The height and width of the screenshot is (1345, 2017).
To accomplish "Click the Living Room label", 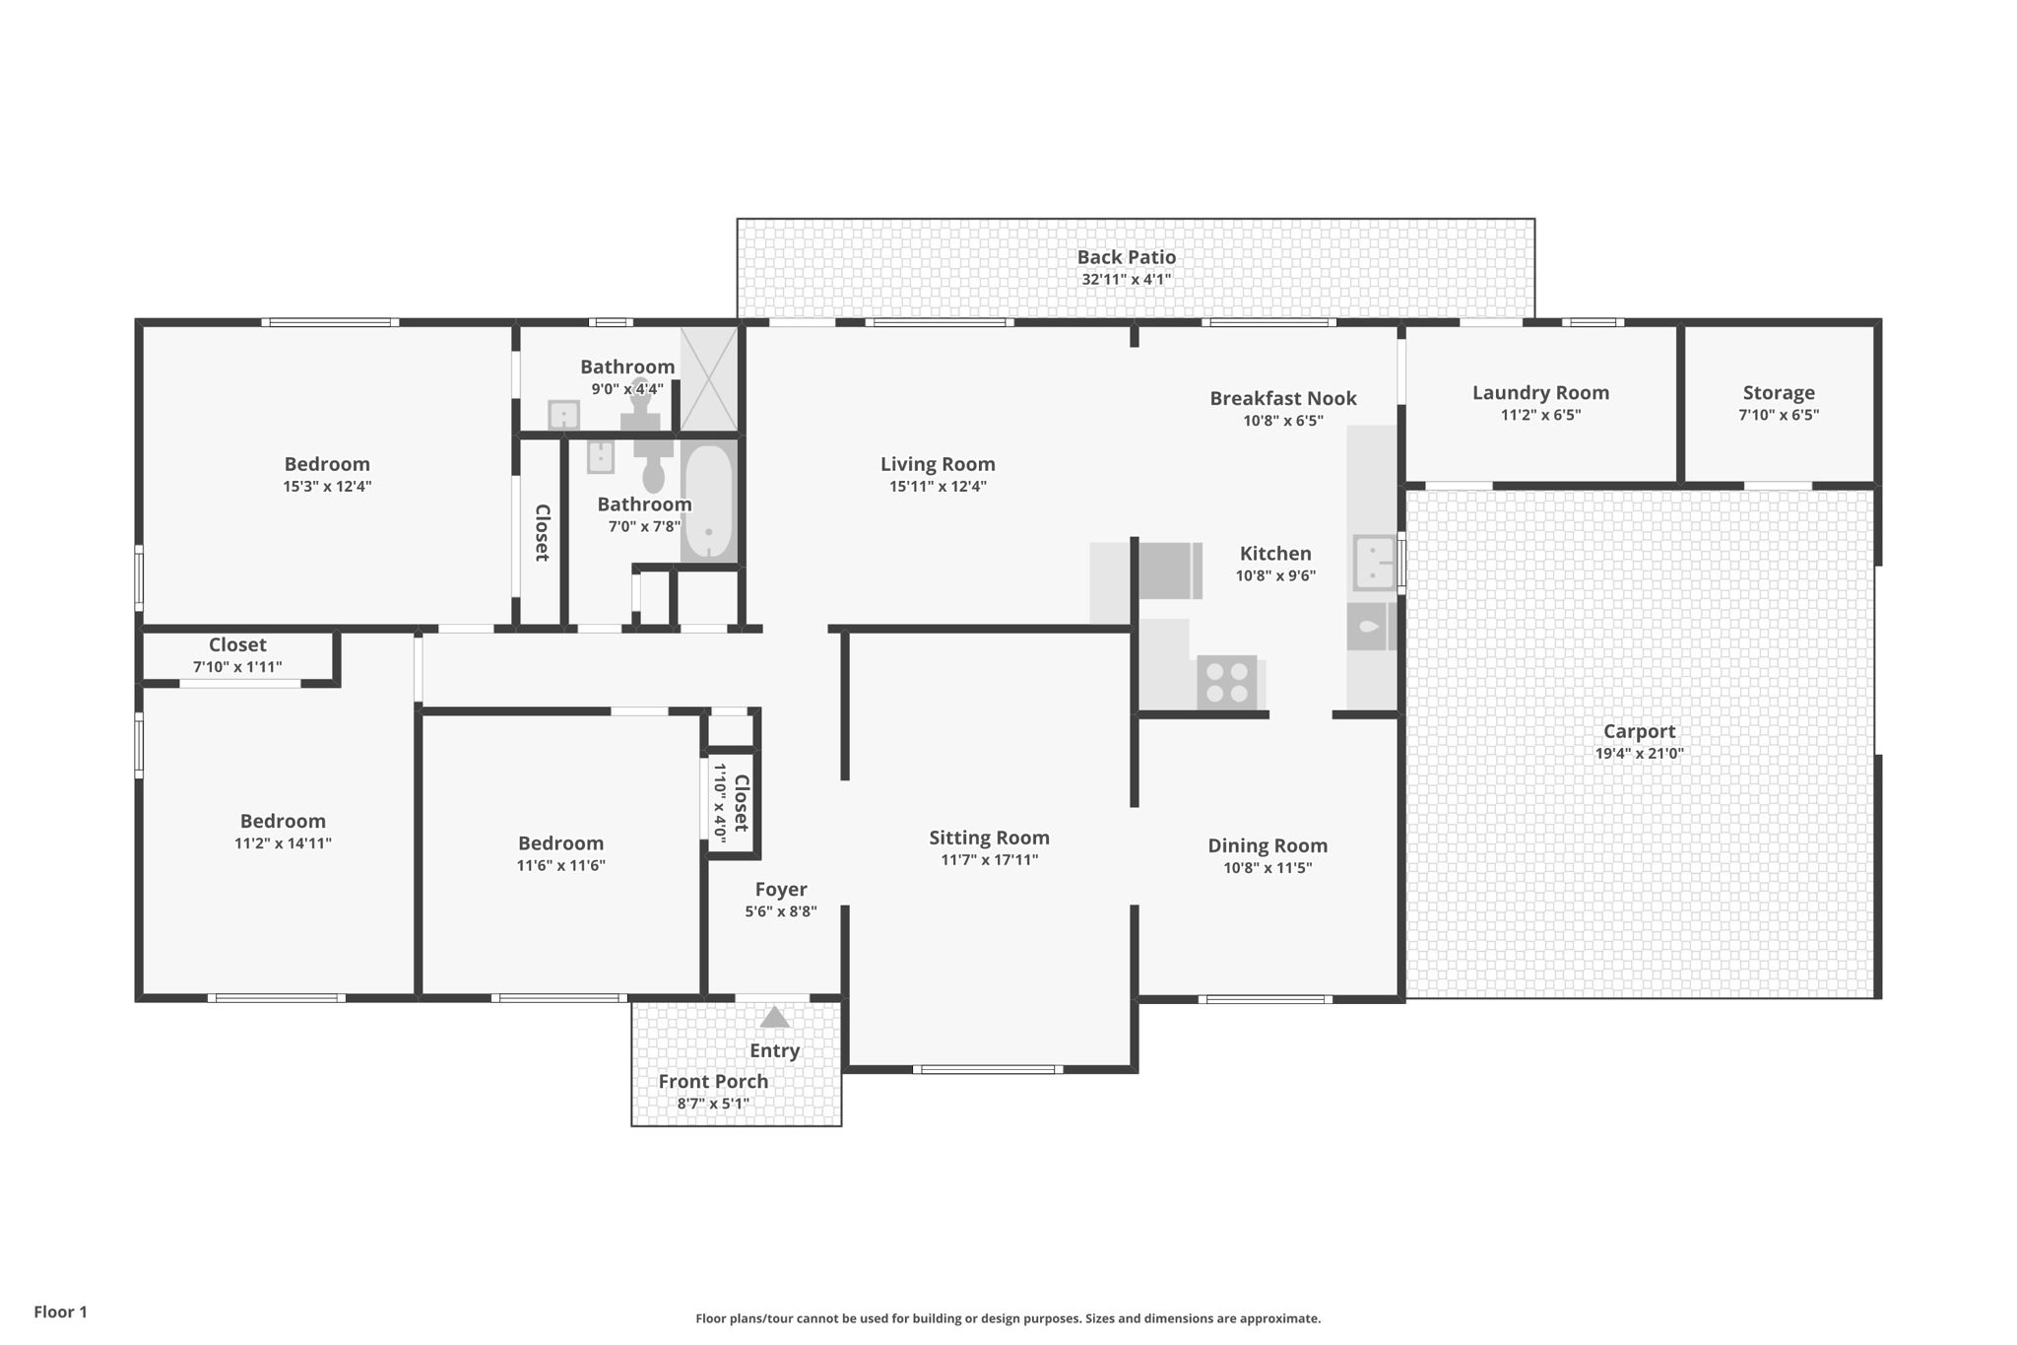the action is [938, 464].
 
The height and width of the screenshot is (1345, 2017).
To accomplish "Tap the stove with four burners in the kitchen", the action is [1227, 682].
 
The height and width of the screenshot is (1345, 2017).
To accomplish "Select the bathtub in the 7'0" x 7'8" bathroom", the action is [708, 502].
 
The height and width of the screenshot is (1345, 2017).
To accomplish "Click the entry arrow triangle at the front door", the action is [775, 1017].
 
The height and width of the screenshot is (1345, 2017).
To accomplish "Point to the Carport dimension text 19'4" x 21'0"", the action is [1640, 754].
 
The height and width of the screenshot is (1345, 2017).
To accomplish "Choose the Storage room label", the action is [1779, 392].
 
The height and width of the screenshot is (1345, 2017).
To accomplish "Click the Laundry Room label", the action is [1540, 392].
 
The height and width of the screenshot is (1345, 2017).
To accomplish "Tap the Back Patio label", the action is [1127, 257].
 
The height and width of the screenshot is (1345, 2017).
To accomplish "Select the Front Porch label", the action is [713, 1081].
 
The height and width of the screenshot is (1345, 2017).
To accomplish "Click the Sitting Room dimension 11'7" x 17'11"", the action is [990, 860].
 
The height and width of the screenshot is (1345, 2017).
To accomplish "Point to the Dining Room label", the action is [1268, 845].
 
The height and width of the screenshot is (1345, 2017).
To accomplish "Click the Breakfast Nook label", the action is [1283, 398].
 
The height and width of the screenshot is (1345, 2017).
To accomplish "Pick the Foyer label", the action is [781, 890].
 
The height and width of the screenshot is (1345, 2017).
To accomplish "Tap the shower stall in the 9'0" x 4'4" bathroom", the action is [708, 378].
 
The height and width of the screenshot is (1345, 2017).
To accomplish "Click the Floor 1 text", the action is [61, 1311].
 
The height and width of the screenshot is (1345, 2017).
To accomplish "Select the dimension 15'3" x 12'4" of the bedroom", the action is [327, 487].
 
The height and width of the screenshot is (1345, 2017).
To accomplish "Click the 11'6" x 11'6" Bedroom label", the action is [560, 843].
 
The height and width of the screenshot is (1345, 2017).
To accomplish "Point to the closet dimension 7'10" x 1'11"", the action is [237, 667].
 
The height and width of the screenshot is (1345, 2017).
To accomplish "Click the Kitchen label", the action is [1275, 554].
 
